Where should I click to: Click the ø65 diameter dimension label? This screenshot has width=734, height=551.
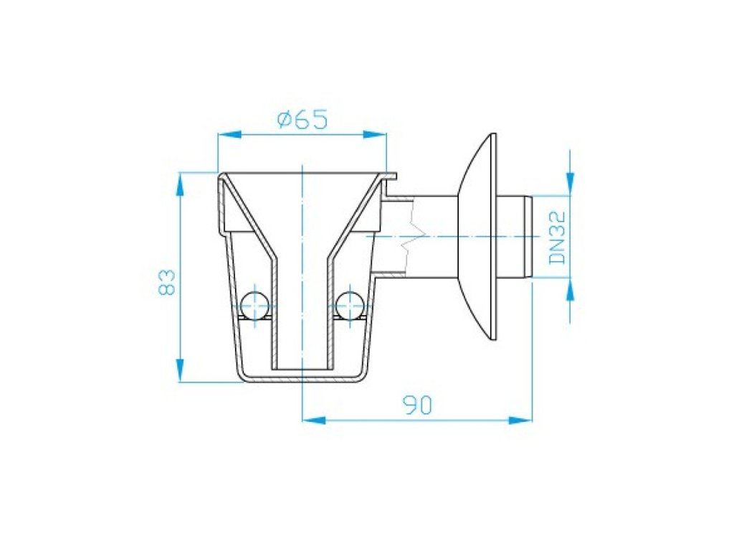[x=302, y=120]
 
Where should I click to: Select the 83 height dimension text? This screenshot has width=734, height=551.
[x=166, y=281]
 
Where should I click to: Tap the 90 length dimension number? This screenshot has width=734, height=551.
[x=418, y=405]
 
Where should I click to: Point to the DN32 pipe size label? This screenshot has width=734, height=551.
[x=557, y=237]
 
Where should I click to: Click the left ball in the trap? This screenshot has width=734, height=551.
[x=254, y=305]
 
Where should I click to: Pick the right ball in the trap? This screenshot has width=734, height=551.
[x=350, y=305]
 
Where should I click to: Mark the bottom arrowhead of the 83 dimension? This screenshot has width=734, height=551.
[x=180, y=370]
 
